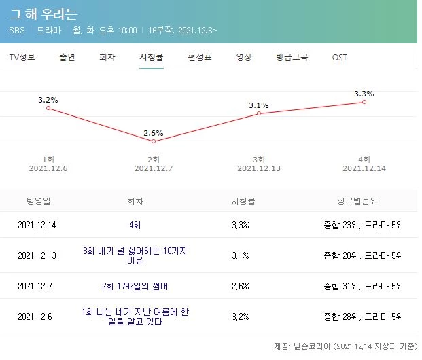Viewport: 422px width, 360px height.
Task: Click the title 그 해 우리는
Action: [43, 14]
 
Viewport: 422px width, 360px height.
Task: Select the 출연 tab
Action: [67, 57]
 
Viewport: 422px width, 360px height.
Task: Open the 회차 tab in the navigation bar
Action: [107, 57]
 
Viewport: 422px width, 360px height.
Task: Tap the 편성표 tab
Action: [199, 57]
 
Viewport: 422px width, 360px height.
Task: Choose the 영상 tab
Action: [244, 57]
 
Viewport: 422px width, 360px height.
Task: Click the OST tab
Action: [339, 57]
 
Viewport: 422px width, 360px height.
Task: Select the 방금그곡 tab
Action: [292, 57]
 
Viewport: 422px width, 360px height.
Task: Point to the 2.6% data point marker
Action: [154, 141]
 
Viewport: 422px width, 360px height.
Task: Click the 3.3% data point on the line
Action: [364, 102]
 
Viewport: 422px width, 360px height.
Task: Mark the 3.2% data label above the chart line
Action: [48, 100]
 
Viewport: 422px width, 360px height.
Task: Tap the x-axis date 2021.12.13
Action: [259, 168]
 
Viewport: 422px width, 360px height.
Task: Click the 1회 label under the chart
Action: [48, 158]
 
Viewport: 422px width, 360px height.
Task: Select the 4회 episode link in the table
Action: [135, 225]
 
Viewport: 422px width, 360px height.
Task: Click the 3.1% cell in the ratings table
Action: [240, 255]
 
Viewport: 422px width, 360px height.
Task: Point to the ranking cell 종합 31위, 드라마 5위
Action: [364, 286]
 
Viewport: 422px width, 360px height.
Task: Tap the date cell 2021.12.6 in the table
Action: [35, 317]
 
